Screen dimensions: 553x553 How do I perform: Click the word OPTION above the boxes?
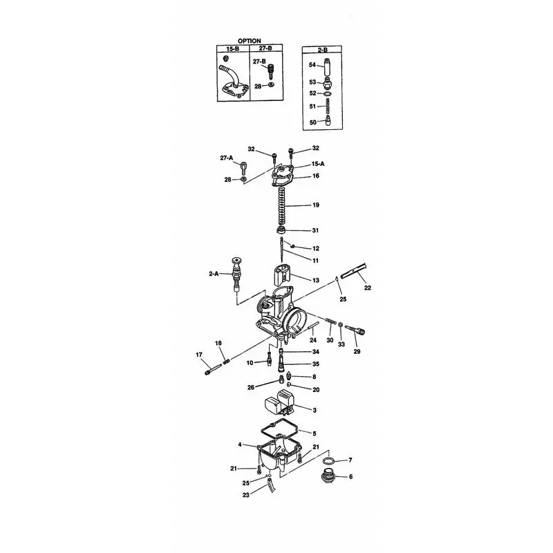(x=249, y=41)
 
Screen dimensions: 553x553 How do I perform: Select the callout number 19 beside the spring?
(x=316, y=205)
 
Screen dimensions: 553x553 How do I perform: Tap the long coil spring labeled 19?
(x=282, y=205)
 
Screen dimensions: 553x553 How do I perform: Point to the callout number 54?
(x=312, y=65)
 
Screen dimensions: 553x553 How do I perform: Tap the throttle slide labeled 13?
(x=283, y=276)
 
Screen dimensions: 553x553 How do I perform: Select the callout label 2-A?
(x=214, y=273)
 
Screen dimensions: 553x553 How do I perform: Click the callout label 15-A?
(x=318, y=164)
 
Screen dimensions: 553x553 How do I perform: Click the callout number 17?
(x=199, y=355)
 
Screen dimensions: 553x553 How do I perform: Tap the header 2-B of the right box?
(x=322, y=50)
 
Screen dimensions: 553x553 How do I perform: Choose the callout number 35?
(x=316, y=364)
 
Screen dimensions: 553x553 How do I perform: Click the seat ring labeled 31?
(x=281, y=230)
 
